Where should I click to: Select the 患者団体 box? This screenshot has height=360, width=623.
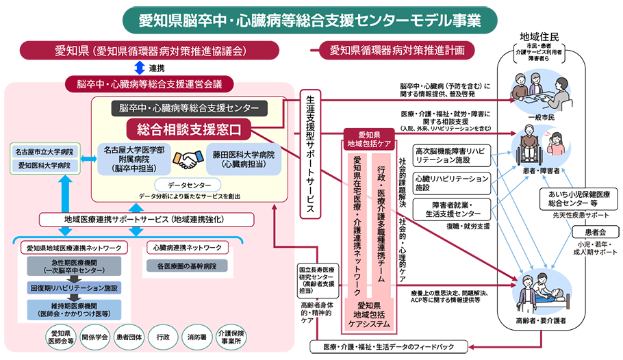click(x=128, y=337)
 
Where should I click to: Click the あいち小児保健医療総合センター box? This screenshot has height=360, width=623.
click(x=579, y=198)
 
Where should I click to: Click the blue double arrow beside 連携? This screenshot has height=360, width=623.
click(x=138, y=68)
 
